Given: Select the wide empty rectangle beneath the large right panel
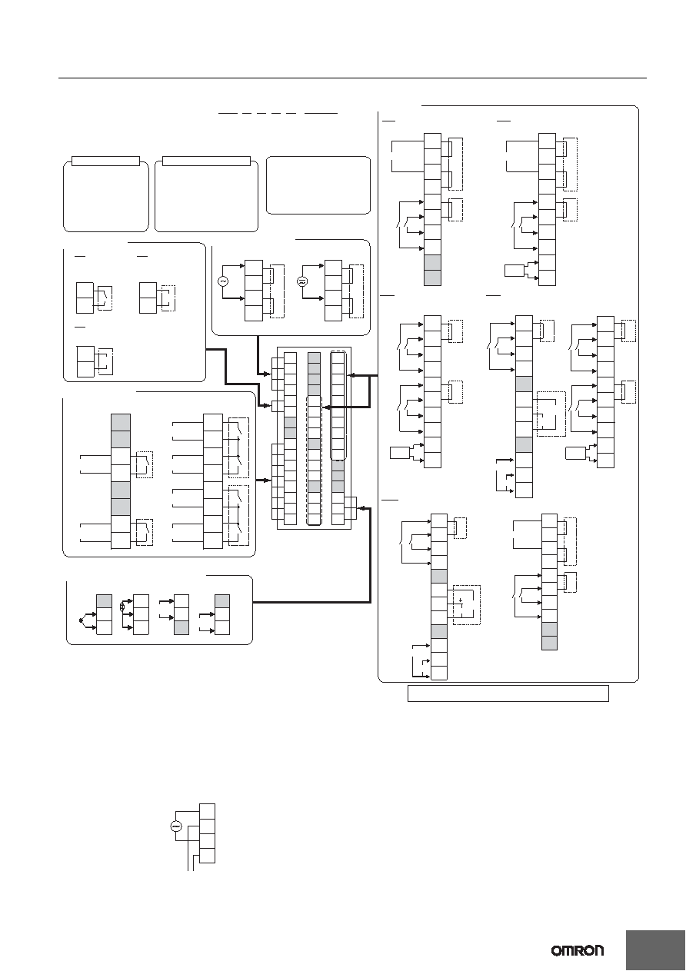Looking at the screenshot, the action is click(x=508, y=693).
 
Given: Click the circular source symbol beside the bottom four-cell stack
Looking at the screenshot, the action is click(x=176, y=827).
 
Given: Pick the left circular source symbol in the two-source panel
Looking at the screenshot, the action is click(x=223, y=281).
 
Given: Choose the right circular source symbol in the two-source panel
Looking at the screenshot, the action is click(x=302, y=281).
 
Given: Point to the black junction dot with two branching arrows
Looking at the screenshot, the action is click(x=81, y=620).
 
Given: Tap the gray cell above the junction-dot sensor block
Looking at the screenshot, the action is click(x=104, y=600).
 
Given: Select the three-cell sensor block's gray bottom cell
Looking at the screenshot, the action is click(x=181, y=627).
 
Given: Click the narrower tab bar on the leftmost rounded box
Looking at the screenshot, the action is click(x=106, y=161).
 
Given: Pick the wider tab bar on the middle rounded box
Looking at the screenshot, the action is click(x=206, y=161).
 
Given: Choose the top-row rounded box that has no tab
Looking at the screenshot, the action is click(x=318, y=185).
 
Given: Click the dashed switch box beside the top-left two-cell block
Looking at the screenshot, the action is click(x=105, y=298).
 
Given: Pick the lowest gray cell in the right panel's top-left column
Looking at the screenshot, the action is click(x=432, y=278).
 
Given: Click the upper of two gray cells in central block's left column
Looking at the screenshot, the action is click(x=291, y=422).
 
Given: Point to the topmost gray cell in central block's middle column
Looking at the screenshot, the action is click(x=315, y=358).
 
